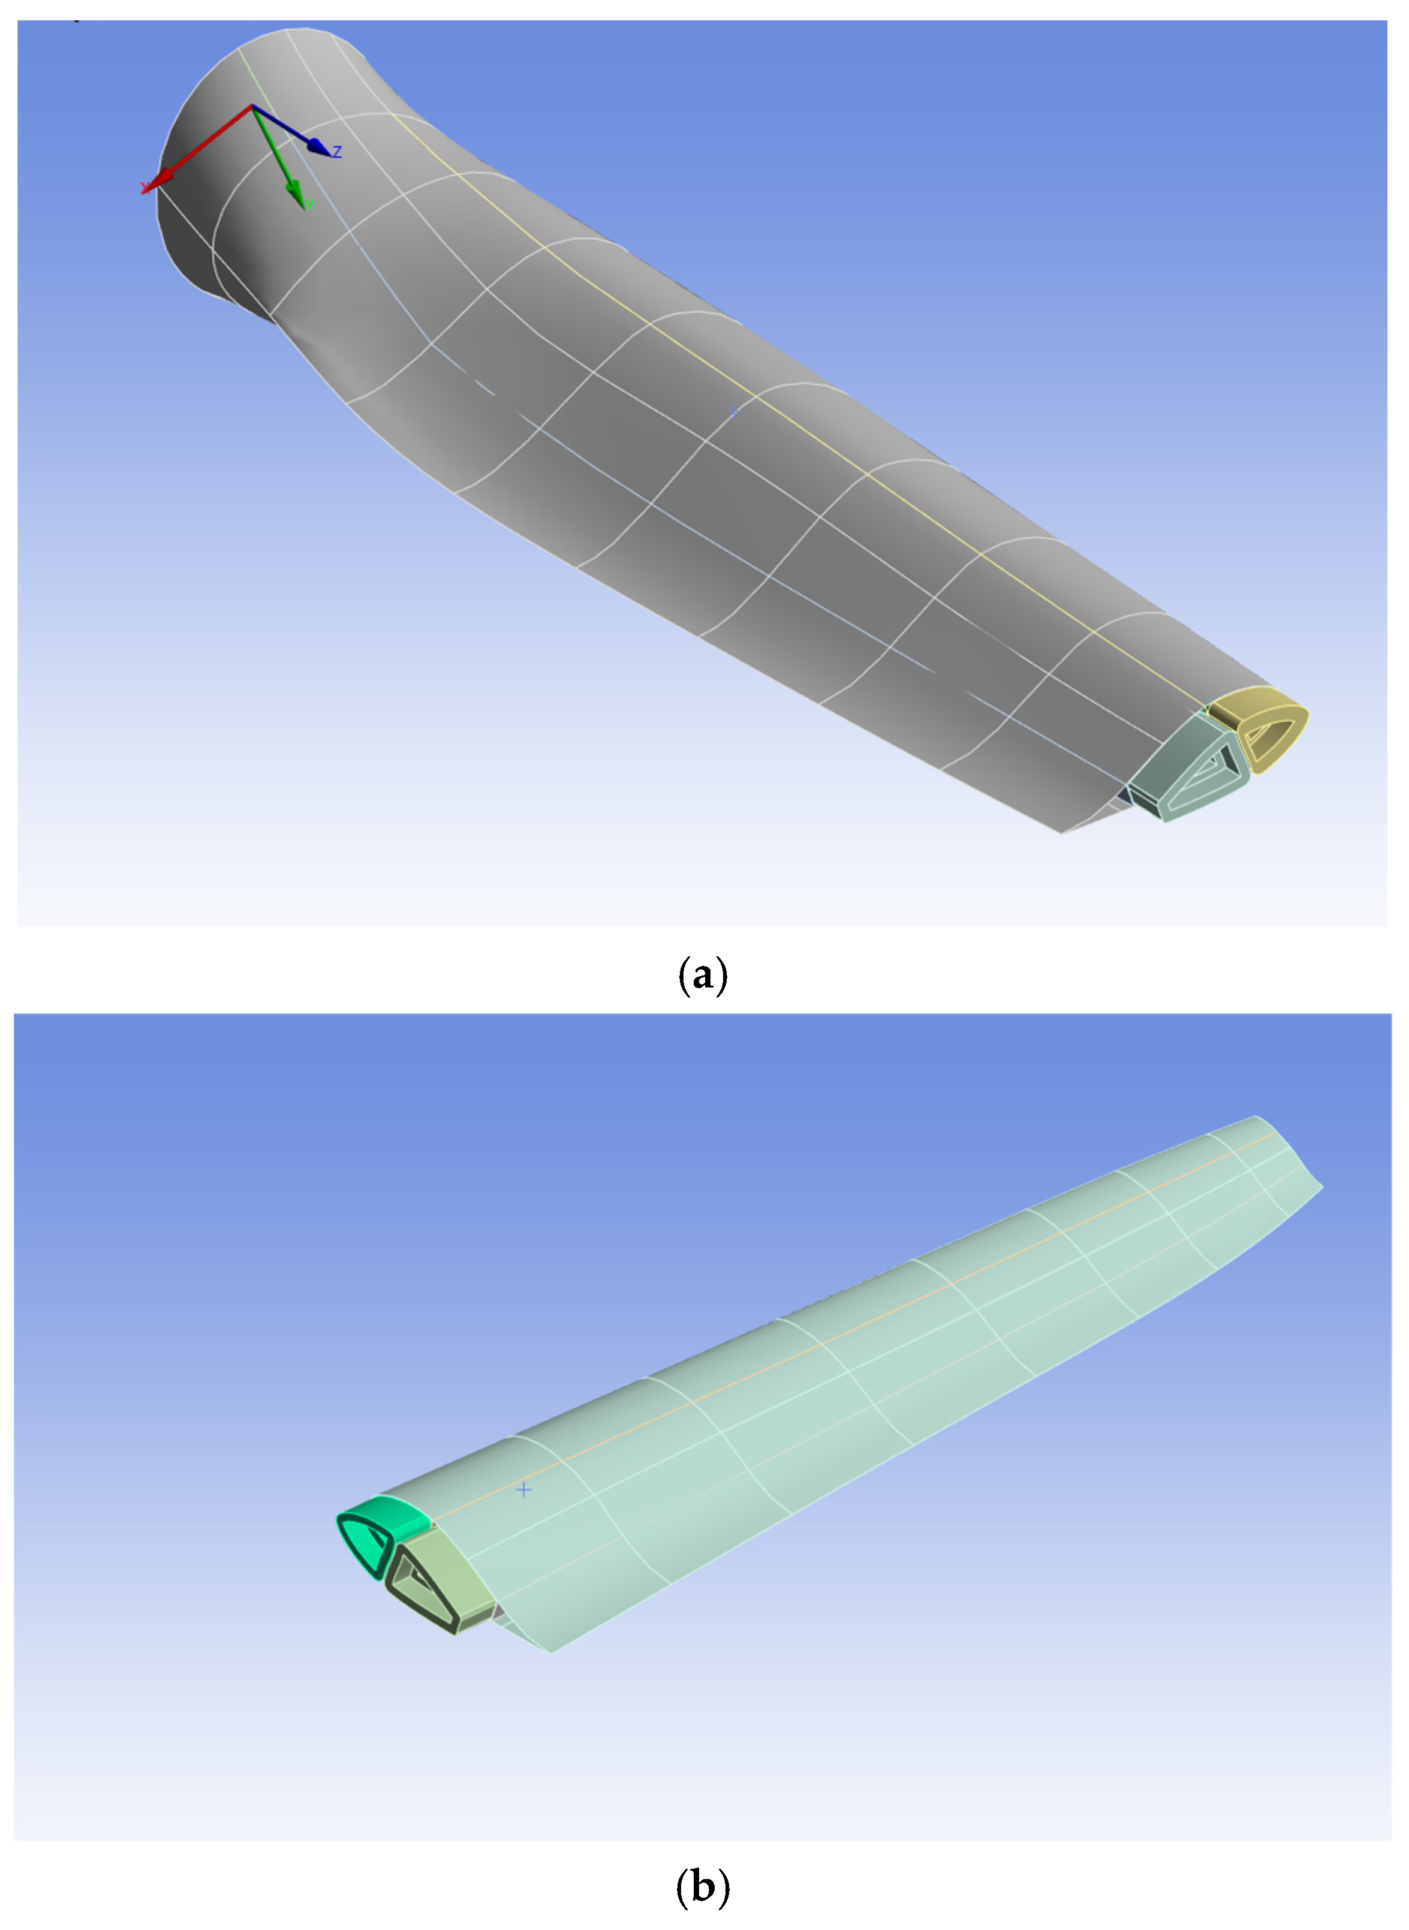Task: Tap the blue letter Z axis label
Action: point(338,152)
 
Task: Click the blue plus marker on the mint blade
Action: point(523,1490)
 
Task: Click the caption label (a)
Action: point(703,974)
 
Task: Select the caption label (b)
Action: point(703,1886)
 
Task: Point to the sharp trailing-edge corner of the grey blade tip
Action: point(1062,832)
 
